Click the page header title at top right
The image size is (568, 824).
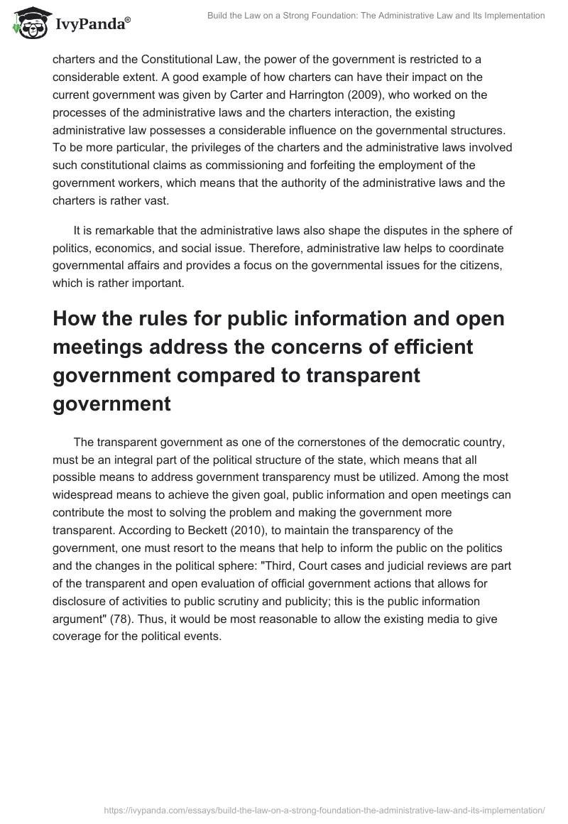coord(376,15)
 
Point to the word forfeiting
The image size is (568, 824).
coord(342,166)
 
